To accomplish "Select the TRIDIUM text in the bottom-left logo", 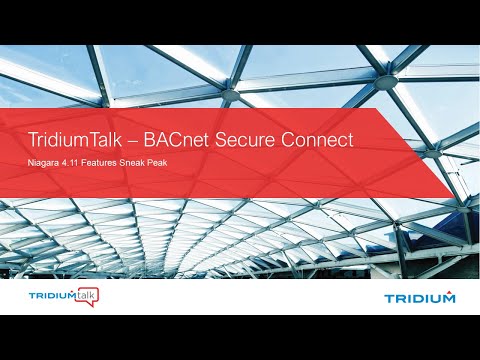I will click(x=48, y=297).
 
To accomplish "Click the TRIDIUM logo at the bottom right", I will click(x=420, y=297).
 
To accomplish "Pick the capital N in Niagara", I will click(x=30, y=161).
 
